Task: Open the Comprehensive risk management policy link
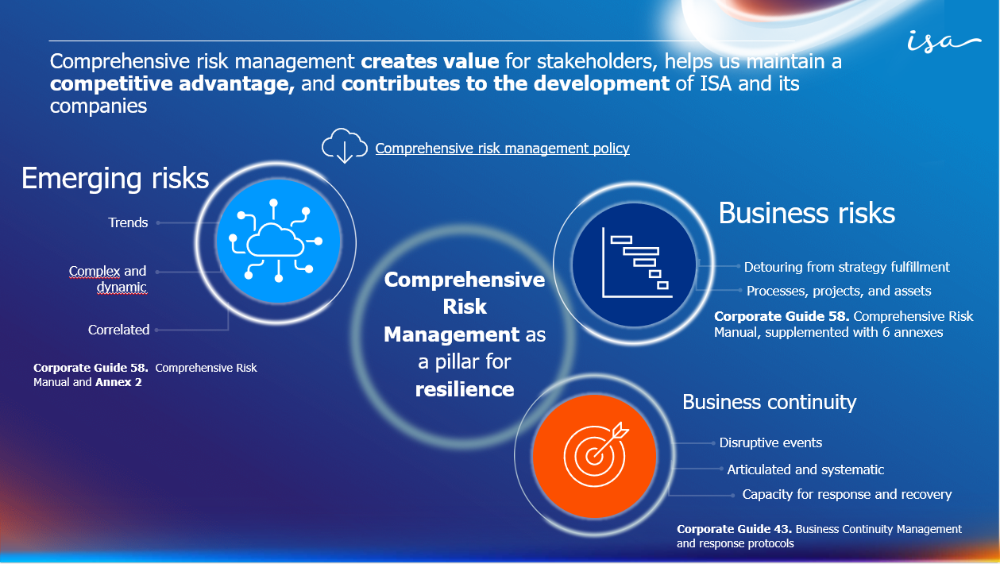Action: pyautogui.click(x=502, y=149)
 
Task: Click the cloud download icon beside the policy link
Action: pyautogui.click(x=344, y=146)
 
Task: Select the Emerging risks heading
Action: pyautogui.click(x=115, y=178)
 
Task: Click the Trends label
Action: pyautogui.click(x=128, y=222)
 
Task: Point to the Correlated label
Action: pyautogui.click(x=118, y=330)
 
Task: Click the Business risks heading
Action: pyautogui.click(x=806, y=213)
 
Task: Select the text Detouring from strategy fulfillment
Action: pyautogui.click(x=847, y=267)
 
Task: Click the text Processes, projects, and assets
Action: pyautogui.click(x=839, y=291)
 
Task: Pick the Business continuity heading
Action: pyautogui.click(x=769, y=402)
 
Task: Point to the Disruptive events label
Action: pyautogui.click(x=770, y=442)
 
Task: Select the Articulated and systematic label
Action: pyautogui.click(x=805, y=469)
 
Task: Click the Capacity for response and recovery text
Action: pyautogui.click(x=847, y=494)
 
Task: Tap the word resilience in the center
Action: pyautogui.click(x=465, y=389)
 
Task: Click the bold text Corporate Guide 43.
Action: pyautogui.click(x=735, y=529)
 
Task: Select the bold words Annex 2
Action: pyautogui.click(x=118, y=382)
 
